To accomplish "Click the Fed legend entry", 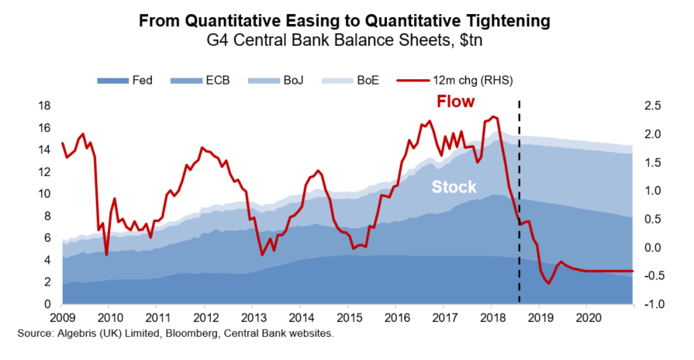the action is [x=125, y=81].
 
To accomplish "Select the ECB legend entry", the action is [x=200, y=81].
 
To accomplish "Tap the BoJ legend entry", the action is [x=276, y=81].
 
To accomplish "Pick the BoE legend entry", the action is [x=350, y=81].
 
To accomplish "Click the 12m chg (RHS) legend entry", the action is [x=455, y=81].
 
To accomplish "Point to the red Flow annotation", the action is [x=455, y=102].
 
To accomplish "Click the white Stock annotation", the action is [x=454, y=187].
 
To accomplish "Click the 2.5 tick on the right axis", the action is [x=652, y=106].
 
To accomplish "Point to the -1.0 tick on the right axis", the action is [x=651, y=304].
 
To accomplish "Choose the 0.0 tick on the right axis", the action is [x=652, y=247].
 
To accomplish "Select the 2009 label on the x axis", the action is [x=63, y=318].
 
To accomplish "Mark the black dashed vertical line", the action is [x=520, y=202].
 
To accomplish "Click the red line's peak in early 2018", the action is [x=493, y=116].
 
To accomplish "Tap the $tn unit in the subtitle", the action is [x=471, y=40].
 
